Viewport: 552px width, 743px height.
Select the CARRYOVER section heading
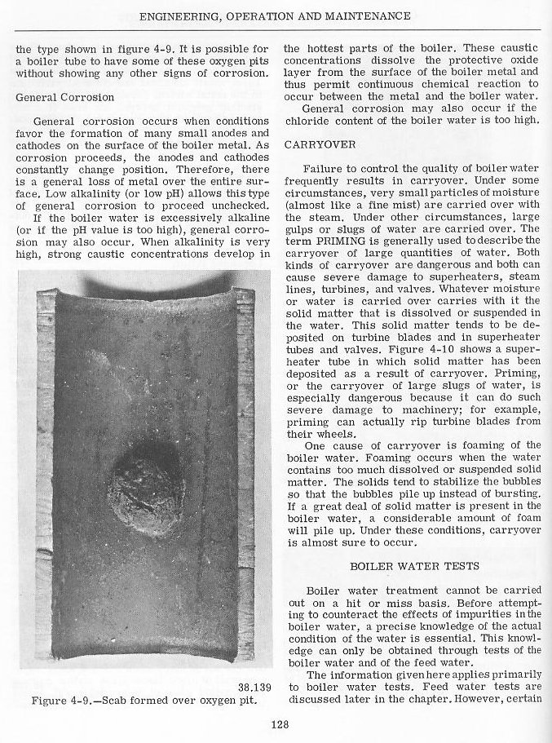313,144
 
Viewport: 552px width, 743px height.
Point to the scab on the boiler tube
147,487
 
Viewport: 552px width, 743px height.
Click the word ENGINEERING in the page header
188,15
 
